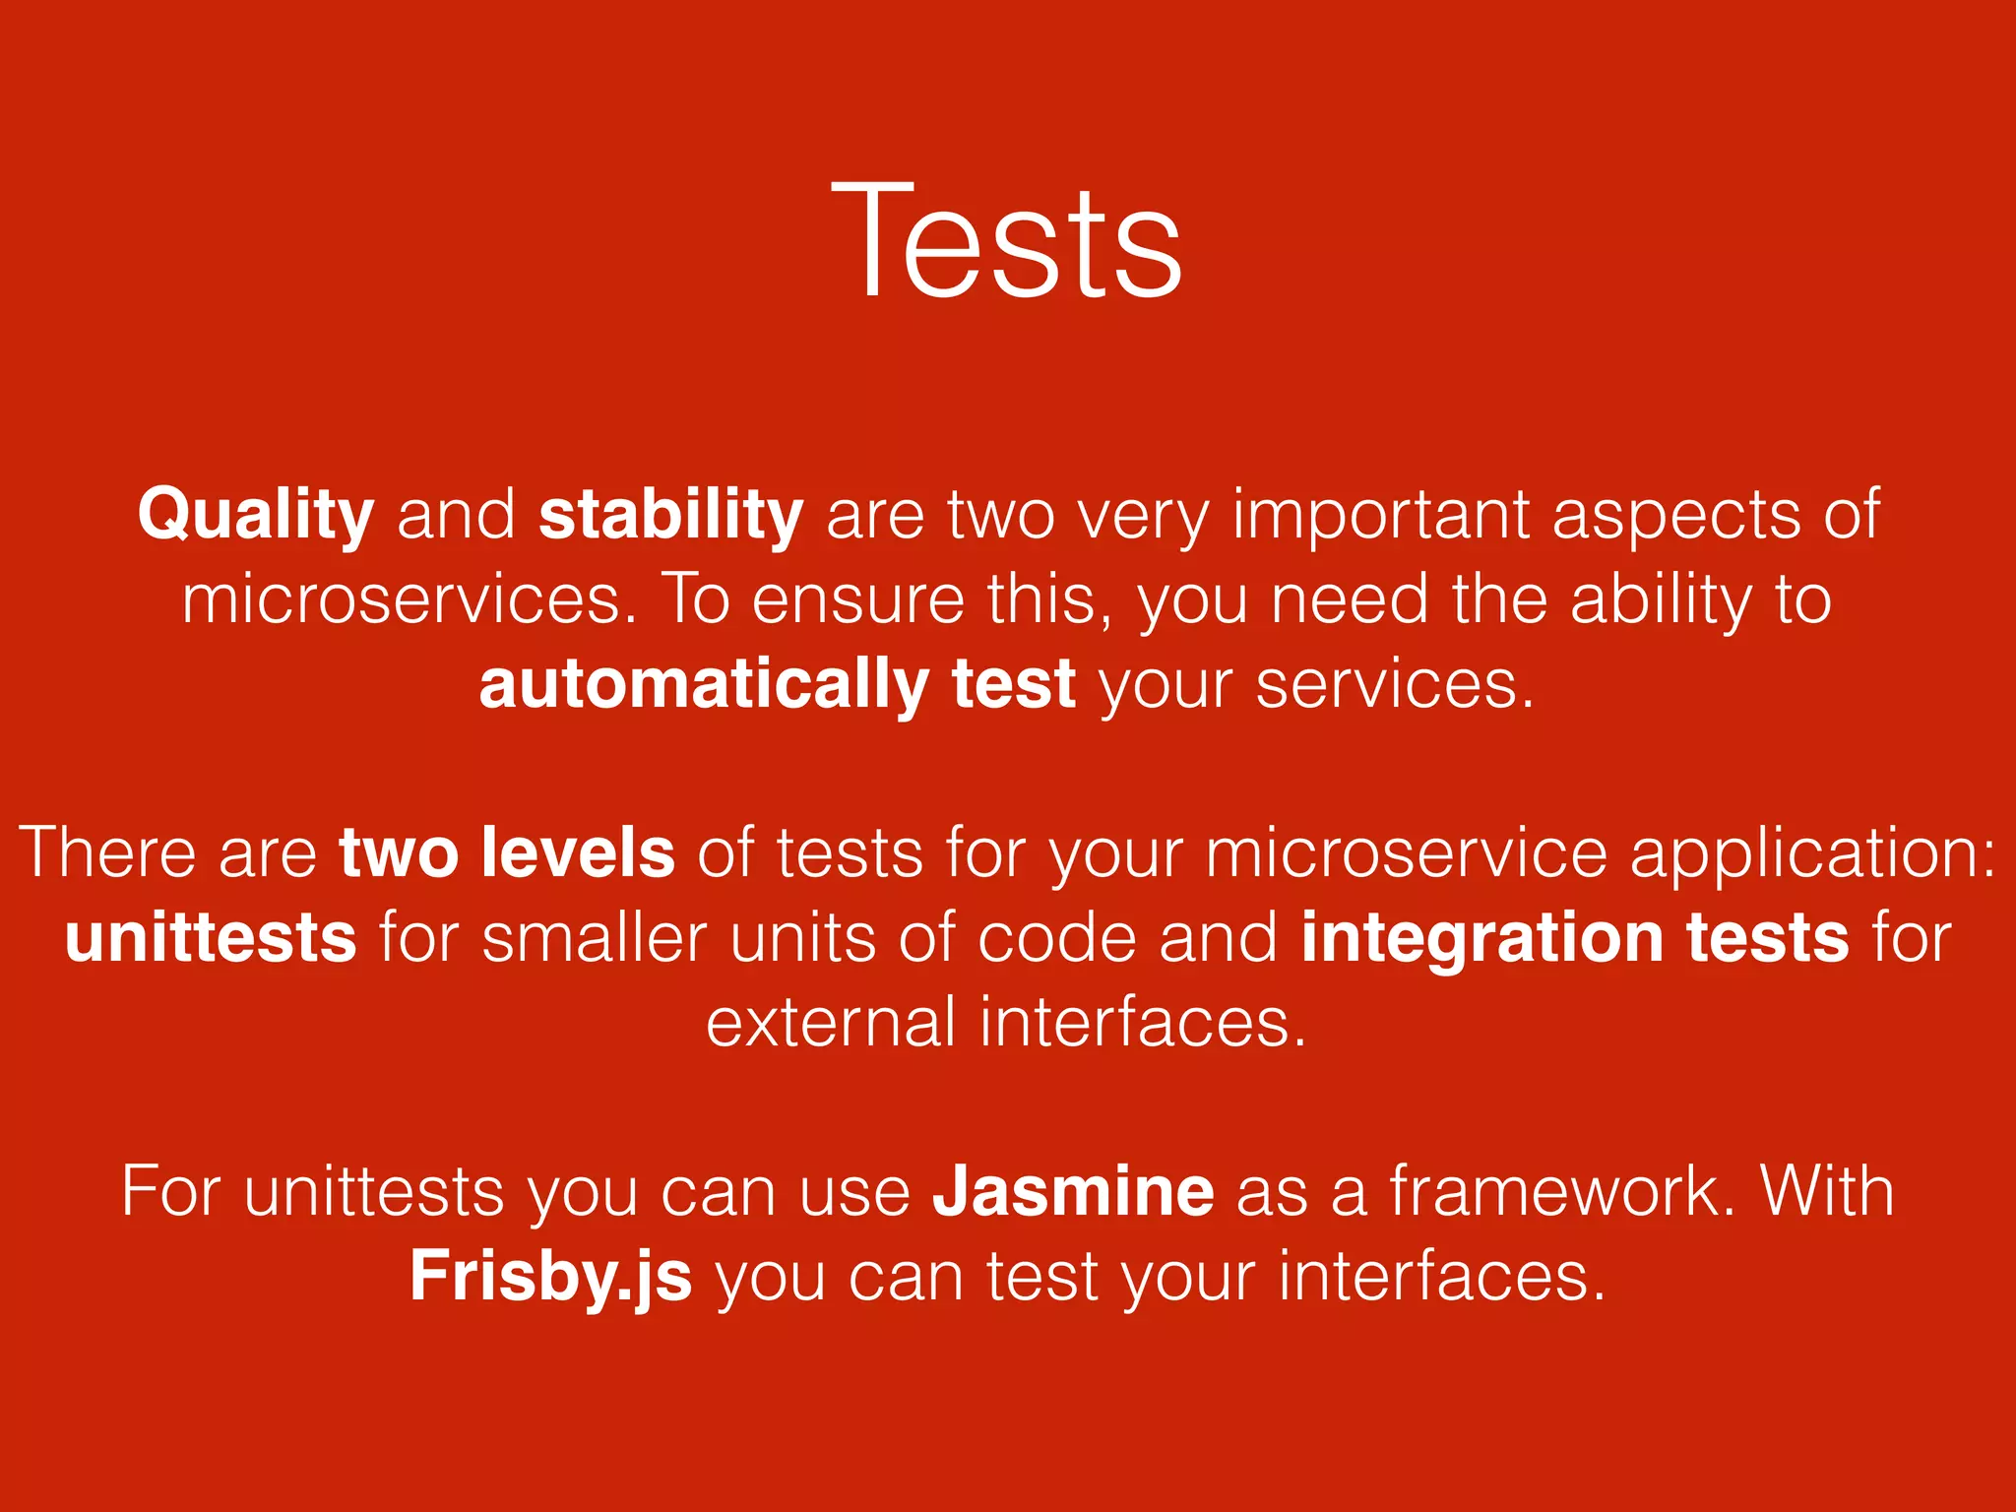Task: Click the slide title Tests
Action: click(x=1006, y=241)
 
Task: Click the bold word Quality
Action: click(x=256, y=515)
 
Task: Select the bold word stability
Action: click(x=671, y=515)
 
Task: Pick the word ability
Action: click(x=1661, y=599)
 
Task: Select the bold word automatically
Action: click(x=704, y=684)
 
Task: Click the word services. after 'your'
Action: click(x=1395, y=684)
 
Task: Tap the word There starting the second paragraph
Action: click(x=107, y=852)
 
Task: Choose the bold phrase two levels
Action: click(x=507, y=852)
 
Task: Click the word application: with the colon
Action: click(x=1813, y=852)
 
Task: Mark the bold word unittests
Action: click(x=211, y=937)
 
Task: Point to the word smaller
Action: click(x=595, y=937)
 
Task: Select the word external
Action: click(x=831, y=1022)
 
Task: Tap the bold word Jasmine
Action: click(x=1073, y=1191)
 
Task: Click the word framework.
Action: click(x=1563, y=1191)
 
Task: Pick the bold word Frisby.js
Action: click(x=550, y=1277)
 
